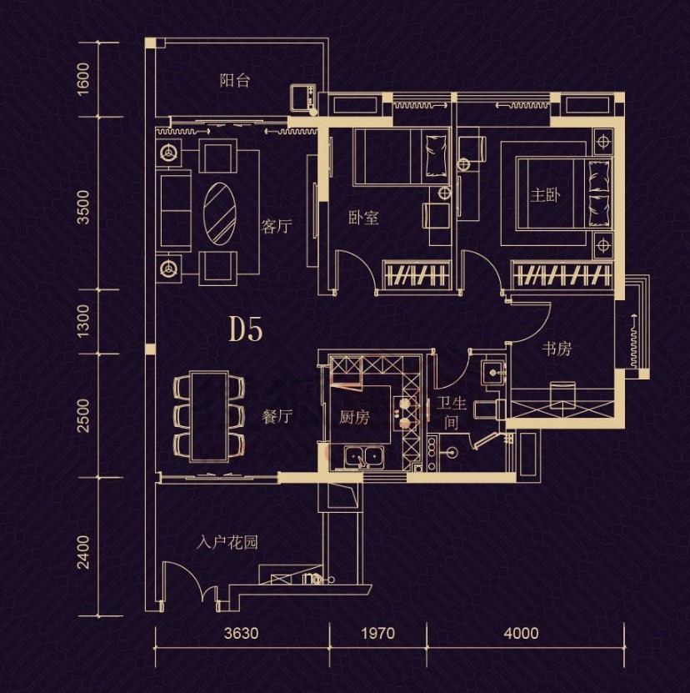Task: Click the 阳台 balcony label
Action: (x=234, y=81)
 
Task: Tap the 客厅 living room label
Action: (x=276, y=226)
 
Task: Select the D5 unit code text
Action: (x=246, y=329)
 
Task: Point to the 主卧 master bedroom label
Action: (x=546, y=195)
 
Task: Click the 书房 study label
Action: (x=557, y=349)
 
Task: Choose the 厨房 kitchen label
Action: (x=354, y=417)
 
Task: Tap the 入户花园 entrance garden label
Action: (x=227, y=542)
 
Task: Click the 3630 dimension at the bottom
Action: (x=241, y=633)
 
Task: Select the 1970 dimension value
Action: (x=378, y=633)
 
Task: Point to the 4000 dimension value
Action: (x=522, y=633)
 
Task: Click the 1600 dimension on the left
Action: (x=83, y=78)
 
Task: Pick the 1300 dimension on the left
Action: (x=83, y=320)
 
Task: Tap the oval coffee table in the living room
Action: (x=219, y=213)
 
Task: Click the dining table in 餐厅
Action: (x=209, y=416)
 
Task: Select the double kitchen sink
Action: (x=364, y=456)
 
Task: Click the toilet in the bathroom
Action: (x=489, y=409)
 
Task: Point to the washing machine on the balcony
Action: (x=303, y=98)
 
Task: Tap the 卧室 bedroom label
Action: (x=363, y=218)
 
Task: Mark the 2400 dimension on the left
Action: (x=83, y=551)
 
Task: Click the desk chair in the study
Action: (x=562, y=394)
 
